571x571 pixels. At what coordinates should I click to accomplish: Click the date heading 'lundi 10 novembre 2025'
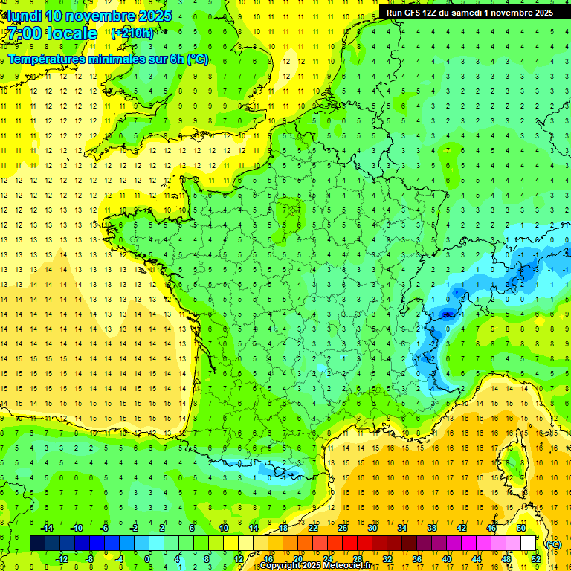click(89, 16)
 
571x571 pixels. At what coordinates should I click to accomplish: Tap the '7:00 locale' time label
click(52, 33)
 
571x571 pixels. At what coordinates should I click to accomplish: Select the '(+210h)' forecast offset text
click(133, 33)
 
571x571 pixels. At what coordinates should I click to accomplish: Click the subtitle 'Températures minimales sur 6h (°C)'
click(108, 59)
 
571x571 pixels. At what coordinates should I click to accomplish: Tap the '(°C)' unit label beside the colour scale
click(554, 543)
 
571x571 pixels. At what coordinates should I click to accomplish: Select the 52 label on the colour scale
click(536, 559)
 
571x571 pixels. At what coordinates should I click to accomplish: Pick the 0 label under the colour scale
click(147, 559)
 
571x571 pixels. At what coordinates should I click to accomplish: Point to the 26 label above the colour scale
click(343, 528)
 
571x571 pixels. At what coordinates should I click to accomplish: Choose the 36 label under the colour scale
click(417, 559)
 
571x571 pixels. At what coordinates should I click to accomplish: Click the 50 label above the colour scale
click(521, 528)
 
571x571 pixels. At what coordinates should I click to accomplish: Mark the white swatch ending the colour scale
click(529, 543)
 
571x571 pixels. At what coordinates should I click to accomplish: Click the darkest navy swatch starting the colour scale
click(37, 543)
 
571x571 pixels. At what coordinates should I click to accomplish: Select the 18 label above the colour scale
click(283, 528)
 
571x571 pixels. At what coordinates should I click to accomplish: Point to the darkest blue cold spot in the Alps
click(446, 314)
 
